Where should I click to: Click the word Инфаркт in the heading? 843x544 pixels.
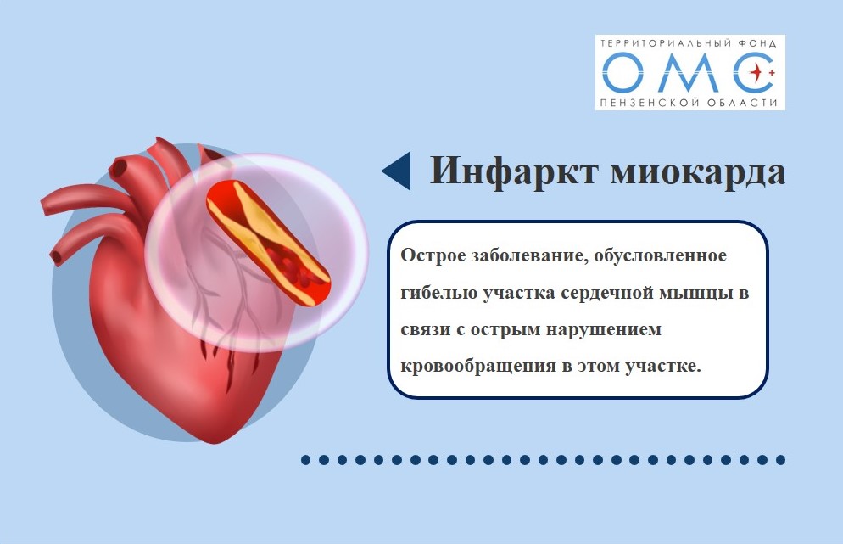tap(514, 171)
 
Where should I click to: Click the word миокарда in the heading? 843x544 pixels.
tap(698, 172)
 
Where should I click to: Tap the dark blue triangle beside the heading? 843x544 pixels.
tap(397, 171)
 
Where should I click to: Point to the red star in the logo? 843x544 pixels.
tap(758, 71)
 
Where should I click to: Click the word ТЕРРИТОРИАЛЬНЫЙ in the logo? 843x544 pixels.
tap(664, 43)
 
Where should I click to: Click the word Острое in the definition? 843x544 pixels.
tap(433, 255)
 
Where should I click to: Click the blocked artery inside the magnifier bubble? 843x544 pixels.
tap(267, 244)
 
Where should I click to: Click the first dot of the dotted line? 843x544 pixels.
tap(306, 459)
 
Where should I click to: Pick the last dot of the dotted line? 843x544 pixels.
tap(780, 459)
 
